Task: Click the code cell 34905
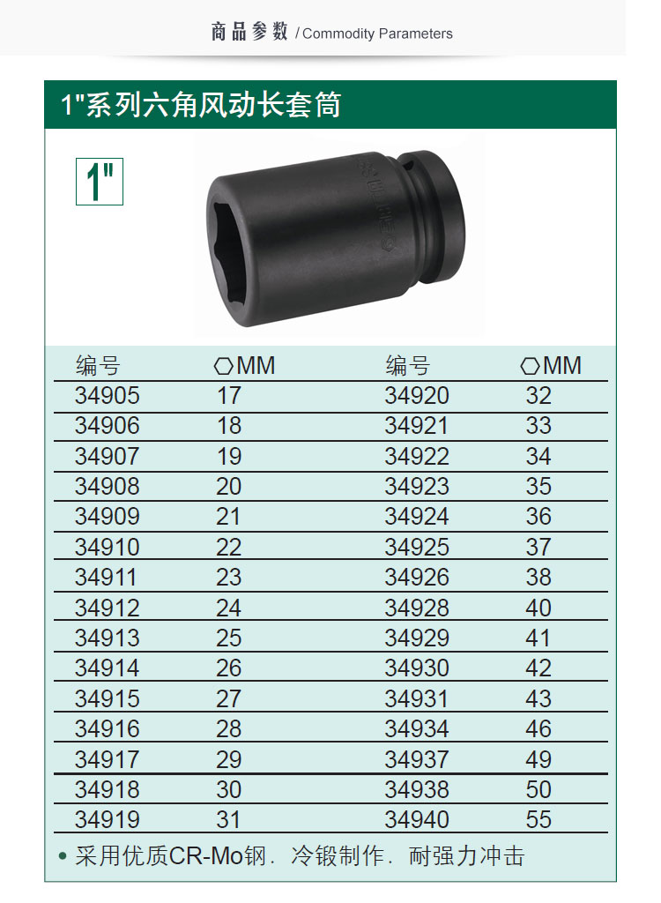[x=108, y=396]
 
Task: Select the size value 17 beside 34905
[x=228, y=396]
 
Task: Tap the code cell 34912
[x=108, y=608]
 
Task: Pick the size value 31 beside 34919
[x=228, y=819]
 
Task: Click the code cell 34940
[x=417, y=819]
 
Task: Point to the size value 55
[x=538, y=819]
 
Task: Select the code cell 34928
[x=417, y=608]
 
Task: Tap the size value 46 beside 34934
[x=538, y=728]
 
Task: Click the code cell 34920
[x=417, y=396]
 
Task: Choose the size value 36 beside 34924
[x=538, y=516]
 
